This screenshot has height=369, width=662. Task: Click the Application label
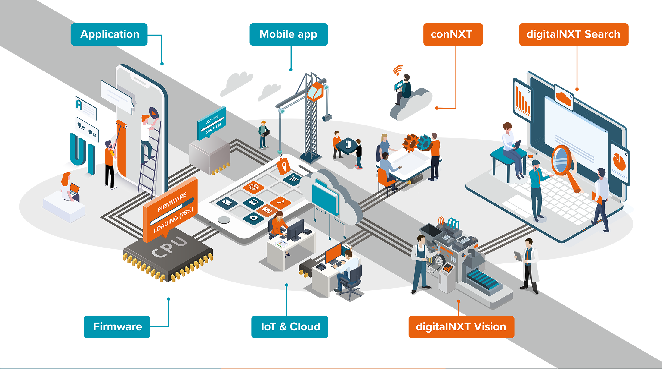110,34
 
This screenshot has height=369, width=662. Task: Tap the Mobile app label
288,34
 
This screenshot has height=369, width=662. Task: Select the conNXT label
451,34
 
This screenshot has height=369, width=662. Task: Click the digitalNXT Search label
573,34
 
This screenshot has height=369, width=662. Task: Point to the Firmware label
118,327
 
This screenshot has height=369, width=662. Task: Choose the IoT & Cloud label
291,327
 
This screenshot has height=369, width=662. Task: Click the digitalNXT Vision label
461,327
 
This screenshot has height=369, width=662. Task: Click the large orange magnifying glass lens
561,160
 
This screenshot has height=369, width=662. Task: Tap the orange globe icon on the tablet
253,187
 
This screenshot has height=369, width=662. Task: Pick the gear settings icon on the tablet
254,218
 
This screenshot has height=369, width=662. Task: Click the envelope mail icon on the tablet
227,202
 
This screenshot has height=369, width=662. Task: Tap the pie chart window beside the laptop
619,163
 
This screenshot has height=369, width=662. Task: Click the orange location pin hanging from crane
284,166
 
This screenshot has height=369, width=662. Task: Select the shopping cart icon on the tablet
293,179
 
